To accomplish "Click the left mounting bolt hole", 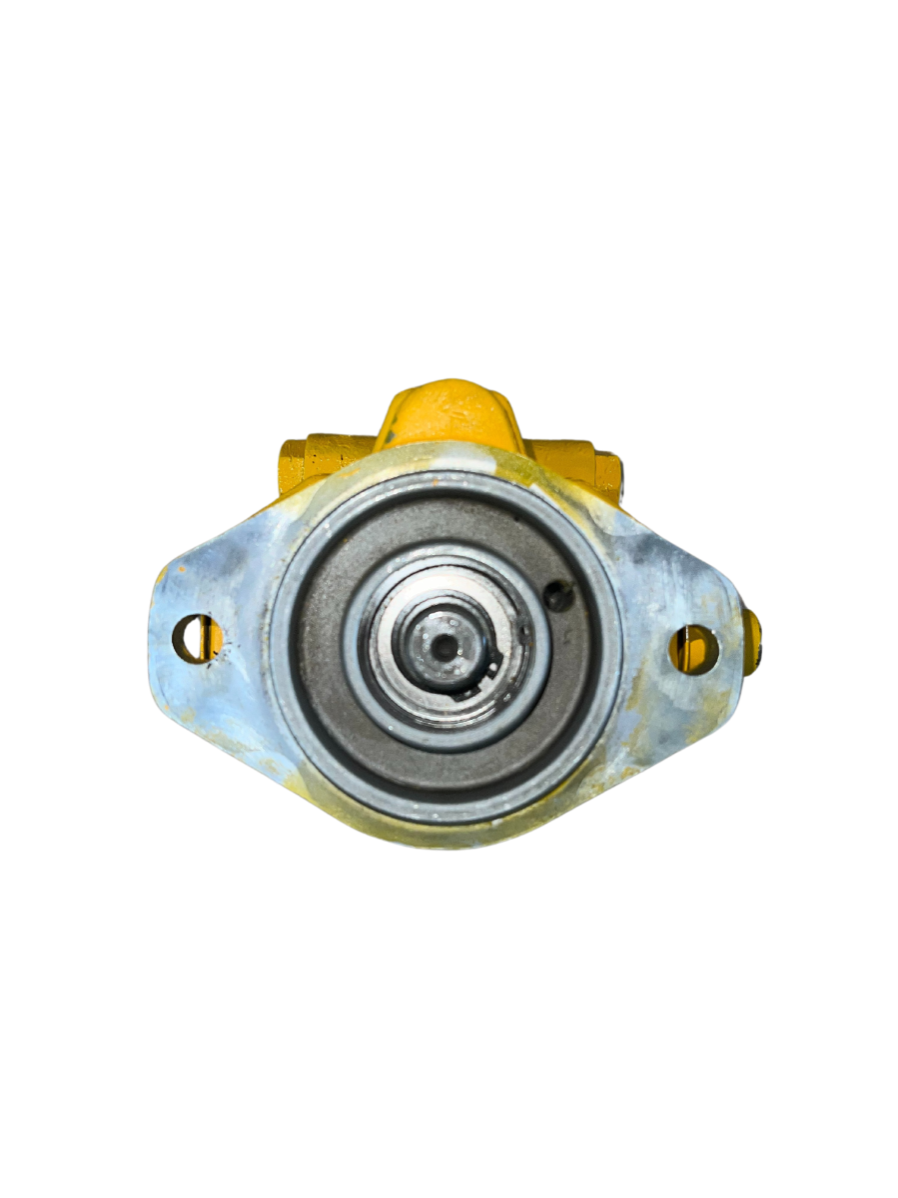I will tap(197, 638).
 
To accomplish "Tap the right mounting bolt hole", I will tap(693, 649).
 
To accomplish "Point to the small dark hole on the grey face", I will tap(561, 597).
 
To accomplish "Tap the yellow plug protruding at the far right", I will tap(753, 641).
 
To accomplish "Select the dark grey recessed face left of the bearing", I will tap(320, 649).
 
